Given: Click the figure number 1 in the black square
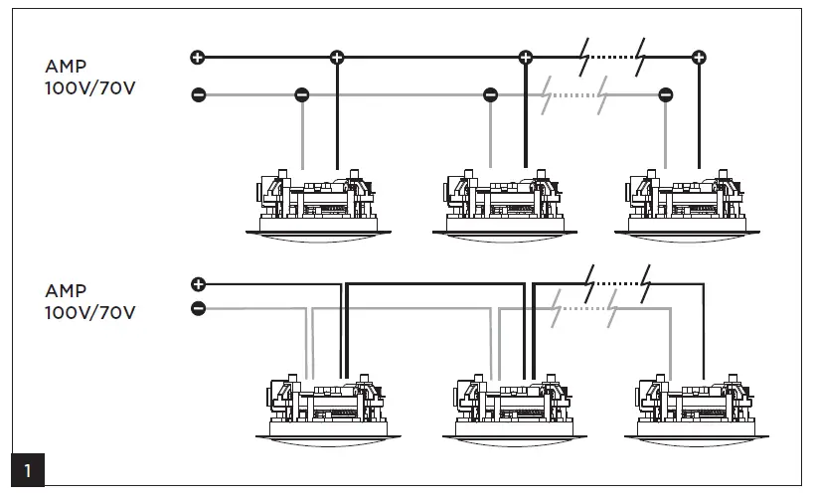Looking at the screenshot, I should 28,470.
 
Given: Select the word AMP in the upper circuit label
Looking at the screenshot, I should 66,68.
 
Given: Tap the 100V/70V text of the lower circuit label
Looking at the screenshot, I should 90,312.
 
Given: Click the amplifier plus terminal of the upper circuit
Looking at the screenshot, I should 197,57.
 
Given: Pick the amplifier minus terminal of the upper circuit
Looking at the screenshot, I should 197,95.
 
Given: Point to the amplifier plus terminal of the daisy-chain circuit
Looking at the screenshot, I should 197,284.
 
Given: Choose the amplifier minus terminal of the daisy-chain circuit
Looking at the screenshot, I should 197,309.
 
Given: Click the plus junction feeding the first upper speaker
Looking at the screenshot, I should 337,57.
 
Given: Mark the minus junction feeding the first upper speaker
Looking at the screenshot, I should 302,95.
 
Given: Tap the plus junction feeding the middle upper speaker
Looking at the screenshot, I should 525,57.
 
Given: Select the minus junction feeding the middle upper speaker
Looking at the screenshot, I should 489,95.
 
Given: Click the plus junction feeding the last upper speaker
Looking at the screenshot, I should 699,57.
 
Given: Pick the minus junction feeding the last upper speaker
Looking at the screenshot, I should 665,95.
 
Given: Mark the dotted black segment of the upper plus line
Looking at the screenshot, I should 617,57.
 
